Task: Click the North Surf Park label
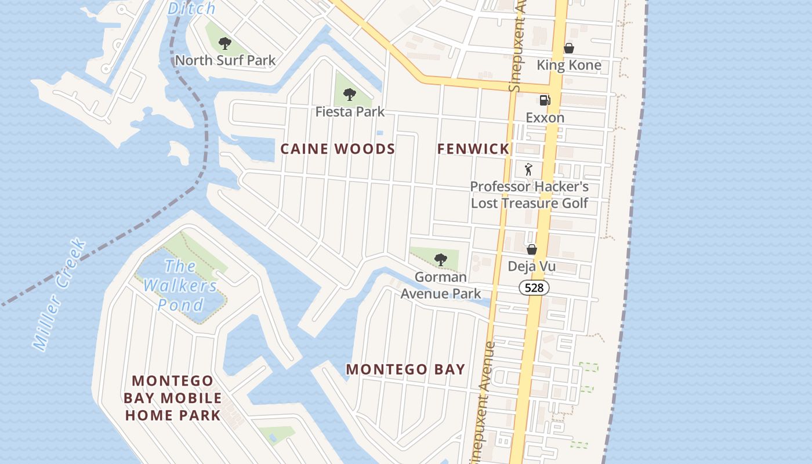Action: coord(225,60)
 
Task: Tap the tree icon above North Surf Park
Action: coord(225,43)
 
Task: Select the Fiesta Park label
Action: coord(350,111)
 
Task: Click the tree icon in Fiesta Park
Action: coord(349,94)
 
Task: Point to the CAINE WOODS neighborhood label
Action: coord(338,149)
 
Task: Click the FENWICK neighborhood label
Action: coord(473,149)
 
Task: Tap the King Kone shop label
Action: coord(568,65)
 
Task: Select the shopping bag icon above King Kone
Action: coord(569,48)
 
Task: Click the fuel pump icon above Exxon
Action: coord(545,100)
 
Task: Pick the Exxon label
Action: coord(545,118)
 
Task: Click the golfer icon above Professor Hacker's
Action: coord(528,169)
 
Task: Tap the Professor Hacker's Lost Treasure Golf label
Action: coord(529,195)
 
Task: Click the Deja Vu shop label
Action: coord(531,267)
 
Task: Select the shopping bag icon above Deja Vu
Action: coord(531,249)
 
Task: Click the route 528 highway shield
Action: coord(534,288)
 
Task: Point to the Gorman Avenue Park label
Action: coord(441,285)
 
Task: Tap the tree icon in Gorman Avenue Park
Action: coord(441,259)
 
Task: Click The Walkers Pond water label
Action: coord(180,285)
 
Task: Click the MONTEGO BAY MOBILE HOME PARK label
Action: coord(172,398)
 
